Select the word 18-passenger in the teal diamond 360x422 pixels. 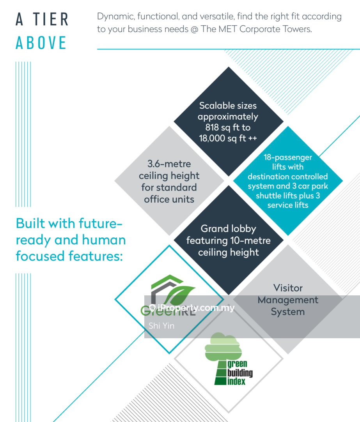(288, 157)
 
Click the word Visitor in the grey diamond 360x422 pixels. (288, 288)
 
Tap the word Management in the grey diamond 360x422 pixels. (288, 300)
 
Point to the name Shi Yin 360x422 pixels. (161, 326)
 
